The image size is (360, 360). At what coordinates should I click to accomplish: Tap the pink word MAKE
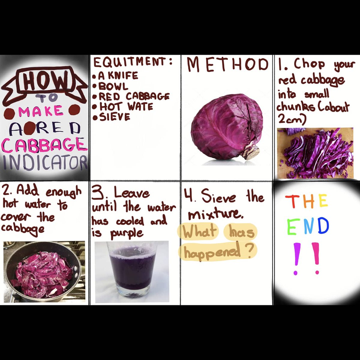[41, 111]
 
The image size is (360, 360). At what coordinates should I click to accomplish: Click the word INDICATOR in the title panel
[45, 163]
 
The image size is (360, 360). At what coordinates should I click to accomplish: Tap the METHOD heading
[227, 64]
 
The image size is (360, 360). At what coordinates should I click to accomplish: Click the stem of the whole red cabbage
[251, 151]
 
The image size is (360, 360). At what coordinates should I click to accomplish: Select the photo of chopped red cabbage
[315, 153]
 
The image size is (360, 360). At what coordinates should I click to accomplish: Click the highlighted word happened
[212, 252]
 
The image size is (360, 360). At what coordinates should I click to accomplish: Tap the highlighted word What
[199, 232]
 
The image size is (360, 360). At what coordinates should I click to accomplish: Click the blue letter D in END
[322, 226]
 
